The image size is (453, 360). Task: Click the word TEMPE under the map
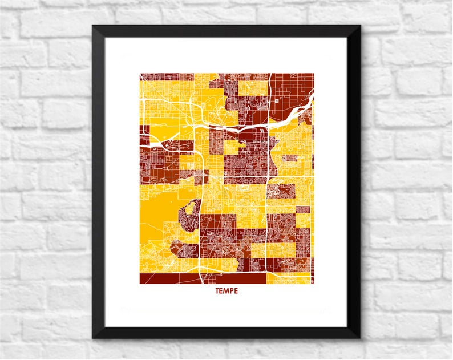[x=226, y=291]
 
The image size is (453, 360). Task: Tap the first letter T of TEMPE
[x=217, y=291]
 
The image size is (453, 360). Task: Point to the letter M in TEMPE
[x=226, y=291]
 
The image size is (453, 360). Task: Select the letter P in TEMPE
[x=231, y=291]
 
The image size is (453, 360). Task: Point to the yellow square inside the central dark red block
[x=230, y=147]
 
